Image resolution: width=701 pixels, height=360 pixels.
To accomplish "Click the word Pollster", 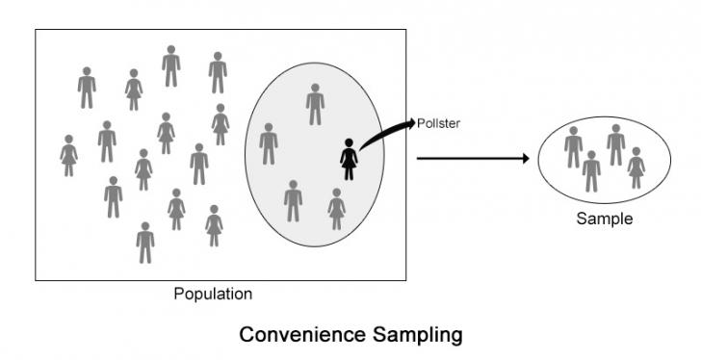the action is [438, 124].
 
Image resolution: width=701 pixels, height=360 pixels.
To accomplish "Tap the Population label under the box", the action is [213, 295].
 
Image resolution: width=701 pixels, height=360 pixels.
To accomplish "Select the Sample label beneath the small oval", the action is [605, 219].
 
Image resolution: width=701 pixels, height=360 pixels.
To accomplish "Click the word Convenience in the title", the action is [301, 334].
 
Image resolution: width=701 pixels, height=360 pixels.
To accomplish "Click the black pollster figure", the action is [349, 160].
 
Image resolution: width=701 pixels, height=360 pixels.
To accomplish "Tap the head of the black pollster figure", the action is [349, 142].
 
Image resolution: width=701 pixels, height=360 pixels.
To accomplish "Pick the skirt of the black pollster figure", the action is [349, 161].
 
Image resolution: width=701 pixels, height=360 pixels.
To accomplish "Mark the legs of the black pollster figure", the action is [349, 174].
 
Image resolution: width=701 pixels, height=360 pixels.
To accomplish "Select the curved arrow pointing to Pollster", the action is [383, 133].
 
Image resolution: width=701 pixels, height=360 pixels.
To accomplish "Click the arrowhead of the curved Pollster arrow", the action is [411, 123].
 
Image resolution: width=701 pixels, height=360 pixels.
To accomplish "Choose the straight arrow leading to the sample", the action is [473, 159].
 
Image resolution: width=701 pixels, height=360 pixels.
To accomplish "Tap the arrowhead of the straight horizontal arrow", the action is [526, 159].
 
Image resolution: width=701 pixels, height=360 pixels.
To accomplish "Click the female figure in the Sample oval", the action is [636, 167].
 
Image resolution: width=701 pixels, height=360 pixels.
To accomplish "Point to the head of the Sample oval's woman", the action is [636, 151].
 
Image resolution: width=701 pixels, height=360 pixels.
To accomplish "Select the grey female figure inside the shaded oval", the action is [337, 209].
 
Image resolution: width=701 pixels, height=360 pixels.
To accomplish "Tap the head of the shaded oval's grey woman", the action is [337, 193].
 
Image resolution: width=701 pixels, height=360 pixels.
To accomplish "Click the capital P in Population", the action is [179, 294].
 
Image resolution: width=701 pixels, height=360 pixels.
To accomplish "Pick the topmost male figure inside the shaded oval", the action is [315, 104].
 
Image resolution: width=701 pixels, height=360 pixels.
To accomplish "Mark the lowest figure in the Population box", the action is [145, 243].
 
